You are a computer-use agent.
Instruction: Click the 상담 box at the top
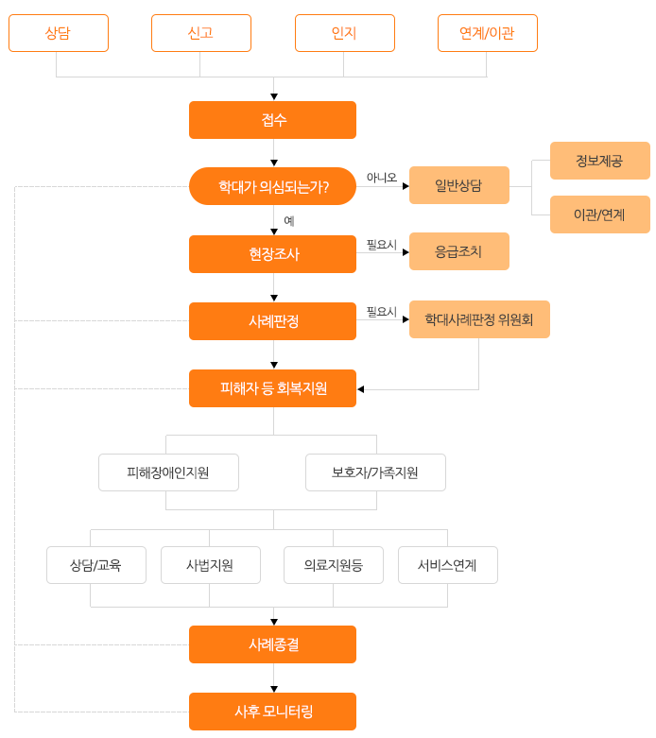58,33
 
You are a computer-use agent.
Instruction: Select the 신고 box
200,33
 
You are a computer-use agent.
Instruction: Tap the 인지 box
344,33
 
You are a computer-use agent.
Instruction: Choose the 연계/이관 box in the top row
487,33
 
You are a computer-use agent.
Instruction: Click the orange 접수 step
272,120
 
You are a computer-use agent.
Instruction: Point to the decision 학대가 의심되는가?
272,186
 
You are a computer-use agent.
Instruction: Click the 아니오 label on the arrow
381,178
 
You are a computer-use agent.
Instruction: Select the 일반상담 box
458,185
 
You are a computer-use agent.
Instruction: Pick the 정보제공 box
599,161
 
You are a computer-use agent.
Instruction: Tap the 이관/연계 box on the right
599,215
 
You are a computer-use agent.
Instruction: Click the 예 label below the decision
288,221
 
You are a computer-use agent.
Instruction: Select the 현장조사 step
272,254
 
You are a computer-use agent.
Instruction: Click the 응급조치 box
458,251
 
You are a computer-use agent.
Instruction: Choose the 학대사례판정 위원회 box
478,319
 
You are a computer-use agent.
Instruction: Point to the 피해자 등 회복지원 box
272,388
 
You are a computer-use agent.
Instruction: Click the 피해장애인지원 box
168,472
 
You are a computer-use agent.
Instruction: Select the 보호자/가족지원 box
375,472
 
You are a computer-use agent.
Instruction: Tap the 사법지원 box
210,565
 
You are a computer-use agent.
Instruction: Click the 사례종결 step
272,644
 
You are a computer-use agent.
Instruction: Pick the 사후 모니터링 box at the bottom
272,712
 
